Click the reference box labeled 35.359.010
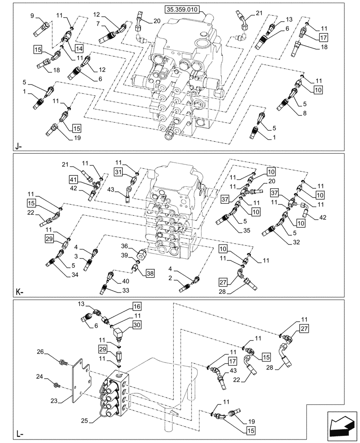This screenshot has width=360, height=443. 183,9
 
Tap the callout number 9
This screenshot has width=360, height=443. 32,16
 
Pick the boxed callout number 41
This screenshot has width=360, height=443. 73,179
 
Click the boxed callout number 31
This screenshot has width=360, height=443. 118,172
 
